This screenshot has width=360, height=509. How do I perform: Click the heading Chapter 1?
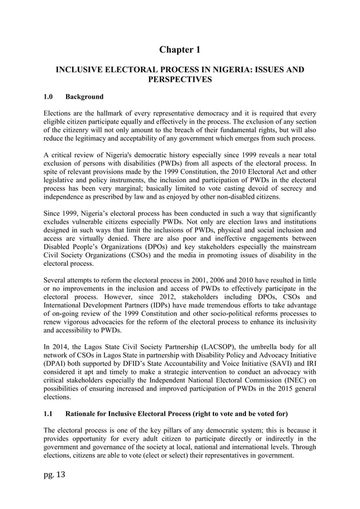[x=179, y=50]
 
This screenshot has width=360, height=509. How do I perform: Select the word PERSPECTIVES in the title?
[x=179, y=80]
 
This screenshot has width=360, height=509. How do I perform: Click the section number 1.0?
[x=49, y=97]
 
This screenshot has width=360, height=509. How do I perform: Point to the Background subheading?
[x=84, y=97]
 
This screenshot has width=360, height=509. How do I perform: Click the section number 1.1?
[x=49, y=414]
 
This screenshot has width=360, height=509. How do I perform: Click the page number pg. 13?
[x=54, y=475]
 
